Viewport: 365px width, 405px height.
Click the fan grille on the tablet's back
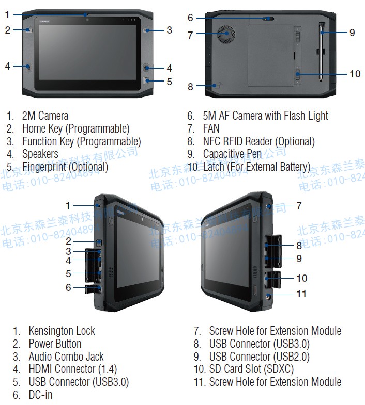pos(225,35)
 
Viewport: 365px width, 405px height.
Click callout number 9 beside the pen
pos(352,32)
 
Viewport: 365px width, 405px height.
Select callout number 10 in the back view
pos(355,74)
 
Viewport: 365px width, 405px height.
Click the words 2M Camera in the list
pos(45,116)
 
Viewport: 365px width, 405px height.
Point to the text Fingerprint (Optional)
pos(65,167)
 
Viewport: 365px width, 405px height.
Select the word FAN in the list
pos(211,128)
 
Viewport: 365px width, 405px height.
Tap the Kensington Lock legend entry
pos(62,331)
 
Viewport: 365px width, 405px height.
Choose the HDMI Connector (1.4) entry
pos(72,369)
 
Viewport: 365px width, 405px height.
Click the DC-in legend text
pos(40,395)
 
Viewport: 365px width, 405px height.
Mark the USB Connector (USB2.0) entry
pos(259,356)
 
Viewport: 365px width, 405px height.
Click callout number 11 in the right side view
pos(301,294)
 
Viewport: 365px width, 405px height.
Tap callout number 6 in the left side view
pos(68,287)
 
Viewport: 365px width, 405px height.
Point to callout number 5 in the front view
pos(169,81)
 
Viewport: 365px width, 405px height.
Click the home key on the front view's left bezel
pos(27,30)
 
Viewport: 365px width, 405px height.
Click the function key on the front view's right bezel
pos(147,30)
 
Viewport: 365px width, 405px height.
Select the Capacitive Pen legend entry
pos(232,154)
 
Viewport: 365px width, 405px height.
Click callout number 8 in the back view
pos(190,87)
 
